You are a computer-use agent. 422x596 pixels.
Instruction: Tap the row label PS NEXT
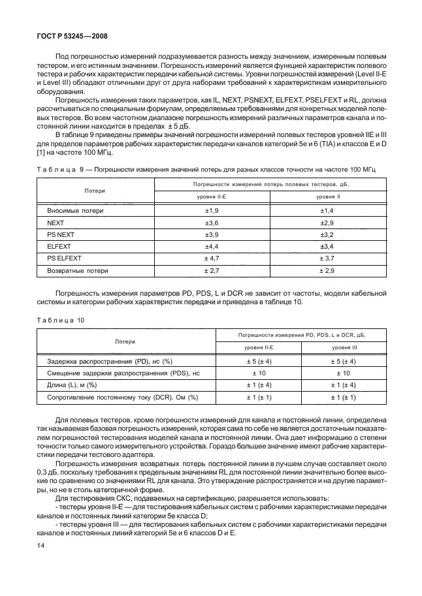coord(61,235)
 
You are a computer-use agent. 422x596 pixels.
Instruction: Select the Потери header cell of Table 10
coord(125,341)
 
